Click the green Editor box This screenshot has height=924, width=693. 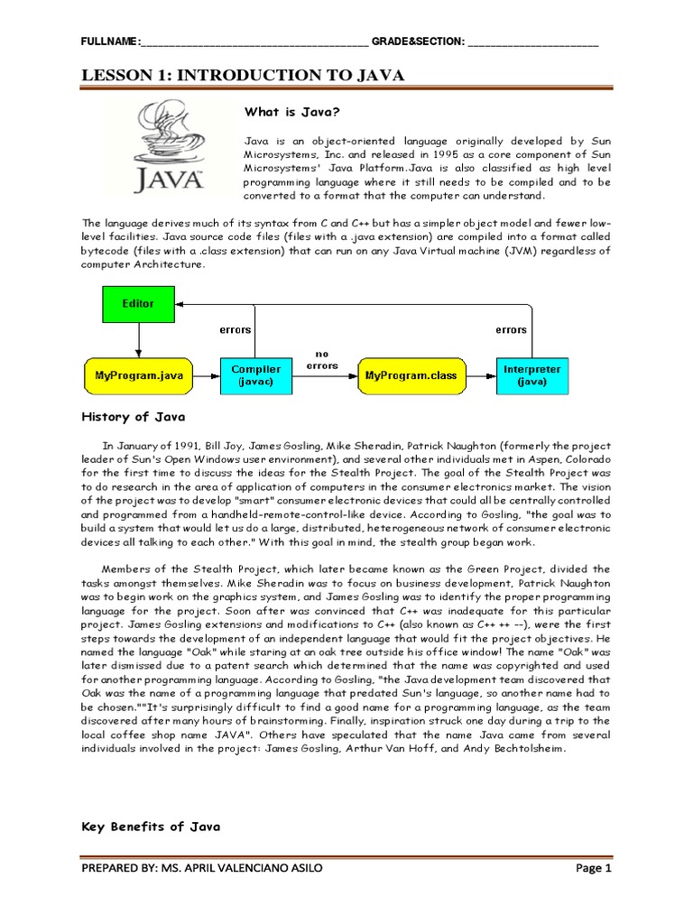point(138,304)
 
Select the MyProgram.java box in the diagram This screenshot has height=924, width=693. point(138,374)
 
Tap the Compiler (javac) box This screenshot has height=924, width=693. point(256,374)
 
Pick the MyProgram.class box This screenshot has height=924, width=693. point(409,374)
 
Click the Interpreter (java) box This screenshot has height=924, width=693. point(531,374)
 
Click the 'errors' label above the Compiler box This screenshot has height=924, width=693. point(236,330)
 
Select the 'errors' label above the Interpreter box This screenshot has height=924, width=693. point(511,330)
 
